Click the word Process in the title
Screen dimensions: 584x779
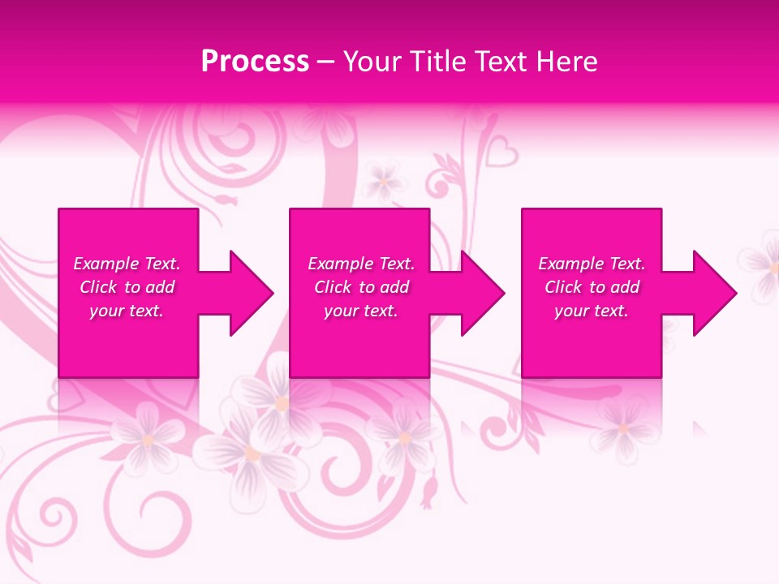(255, 61)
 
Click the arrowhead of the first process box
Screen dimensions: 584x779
(250, 293)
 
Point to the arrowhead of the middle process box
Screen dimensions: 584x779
(482, 293)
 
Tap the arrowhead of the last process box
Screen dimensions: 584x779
(714, 293)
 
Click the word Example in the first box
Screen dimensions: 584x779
(105, 264)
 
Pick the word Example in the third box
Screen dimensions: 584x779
(570, 264)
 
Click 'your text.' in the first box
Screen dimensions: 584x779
(127, 311)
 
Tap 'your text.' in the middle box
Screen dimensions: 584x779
(360, 311)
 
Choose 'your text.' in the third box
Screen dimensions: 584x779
(592, 311)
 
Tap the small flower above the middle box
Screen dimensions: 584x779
(384, 181)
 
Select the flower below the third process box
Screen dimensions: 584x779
(623, 427)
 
